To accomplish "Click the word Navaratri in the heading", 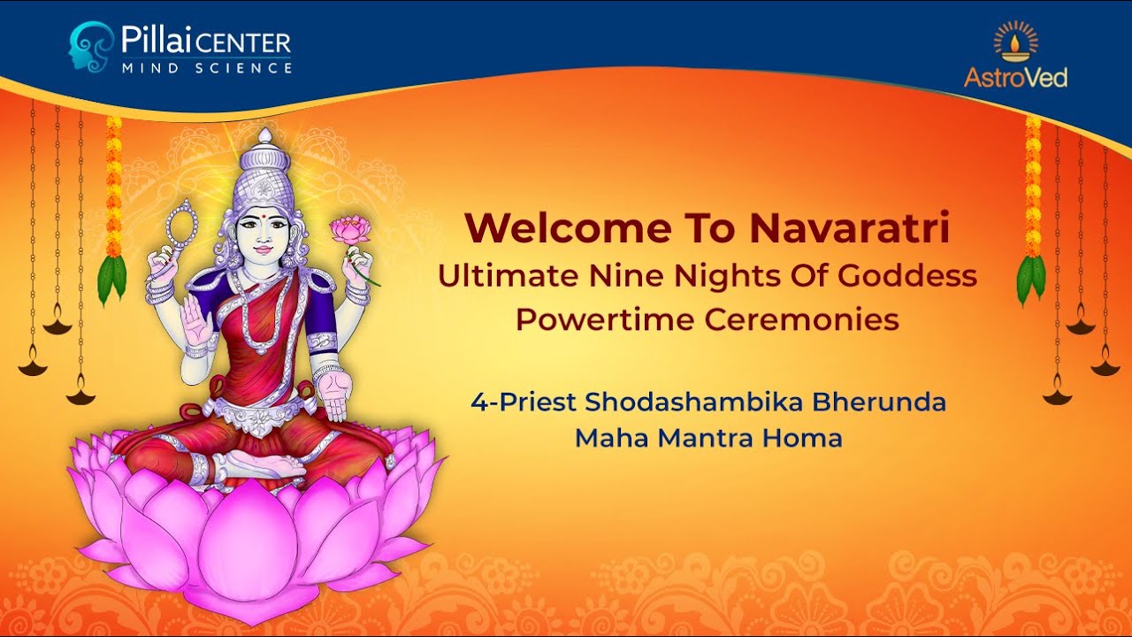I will point(849,228).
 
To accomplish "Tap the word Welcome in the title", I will point(567,228).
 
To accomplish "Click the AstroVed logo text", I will point(1015,78).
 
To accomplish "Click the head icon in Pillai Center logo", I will point(92,46).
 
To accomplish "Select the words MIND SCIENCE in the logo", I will point(206,67).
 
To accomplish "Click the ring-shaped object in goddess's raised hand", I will point(182,225).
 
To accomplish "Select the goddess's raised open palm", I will point(196,324).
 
